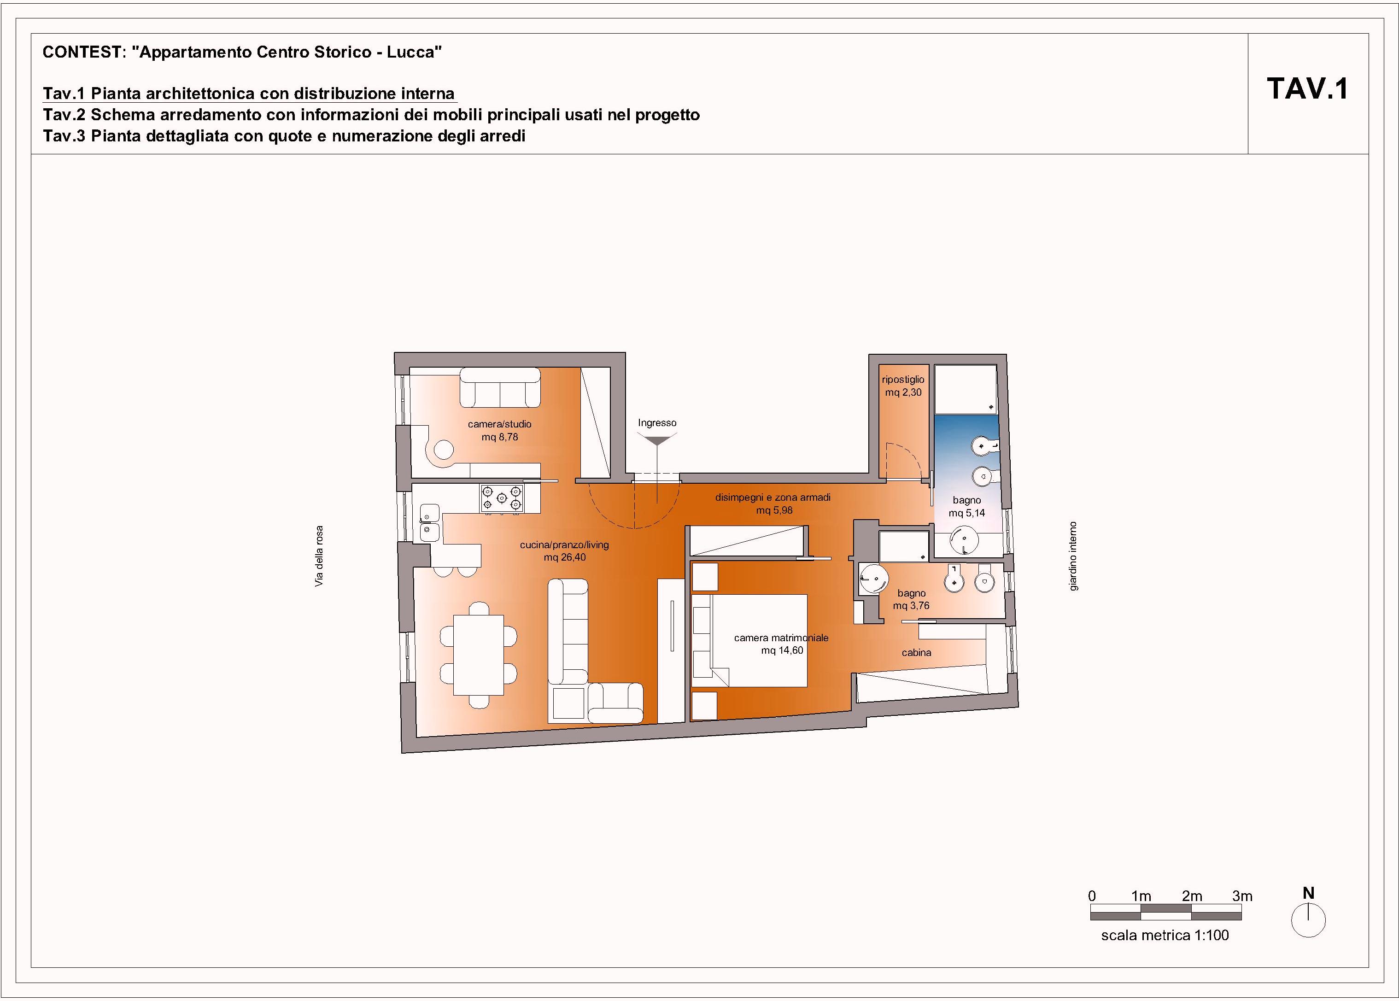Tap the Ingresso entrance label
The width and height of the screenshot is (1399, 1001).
tap(657, 423)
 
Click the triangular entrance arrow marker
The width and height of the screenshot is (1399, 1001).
tap(657, 440)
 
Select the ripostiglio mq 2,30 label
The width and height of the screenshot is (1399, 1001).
tap(903, 386)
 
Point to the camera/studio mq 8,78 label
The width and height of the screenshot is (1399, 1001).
tap(499, 430)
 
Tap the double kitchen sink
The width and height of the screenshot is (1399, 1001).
tap(430, 523)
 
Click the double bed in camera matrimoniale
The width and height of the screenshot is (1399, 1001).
tap(749, 640)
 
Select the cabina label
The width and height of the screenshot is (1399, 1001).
tap(916, 652)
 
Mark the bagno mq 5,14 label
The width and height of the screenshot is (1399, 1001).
tap(966, 507)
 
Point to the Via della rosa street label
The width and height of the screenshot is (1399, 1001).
tap(319, 556)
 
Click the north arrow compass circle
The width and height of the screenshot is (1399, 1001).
tap(1308, 921)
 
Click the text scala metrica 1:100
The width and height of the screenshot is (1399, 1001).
tap(1165, 935)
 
